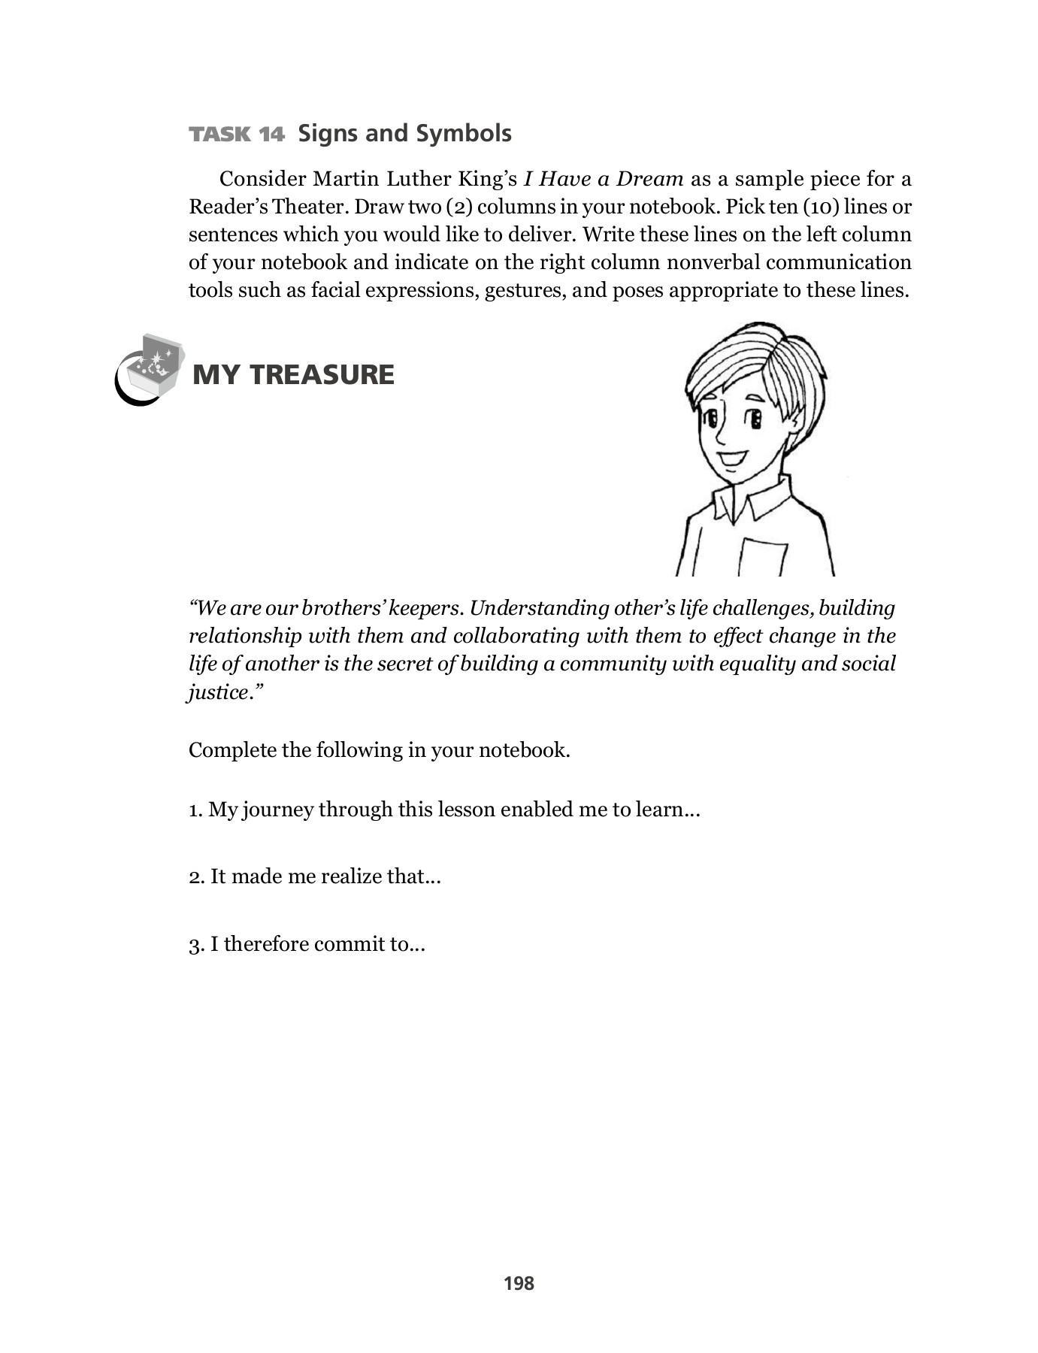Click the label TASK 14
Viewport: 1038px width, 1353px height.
click(237, 135)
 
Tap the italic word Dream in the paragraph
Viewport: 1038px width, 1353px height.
click(650, 180)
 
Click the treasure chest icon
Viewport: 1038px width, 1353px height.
click(154, 366)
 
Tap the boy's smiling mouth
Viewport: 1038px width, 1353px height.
click(731, 458)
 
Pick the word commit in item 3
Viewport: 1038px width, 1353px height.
click(348, 944)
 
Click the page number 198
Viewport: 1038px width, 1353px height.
click(519, 1283)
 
